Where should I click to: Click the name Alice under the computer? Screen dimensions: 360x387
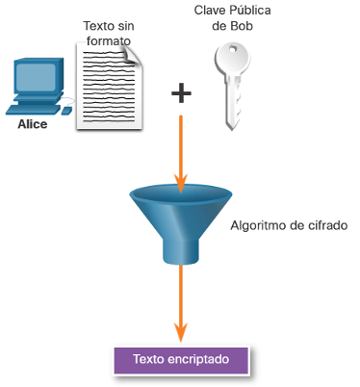click(33, 124)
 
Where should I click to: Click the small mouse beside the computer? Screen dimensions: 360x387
click(66, 111)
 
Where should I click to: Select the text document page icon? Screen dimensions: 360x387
click(109, 86)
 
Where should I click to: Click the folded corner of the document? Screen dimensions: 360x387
click(133, 54)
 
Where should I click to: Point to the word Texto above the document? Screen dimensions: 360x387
click(97, 26)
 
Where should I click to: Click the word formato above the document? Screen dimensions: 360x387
click(109, 41)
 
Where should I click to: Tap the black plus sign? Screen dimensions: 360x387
click(181, 93)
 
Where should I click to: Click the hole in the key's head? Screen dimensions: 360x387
click(232, 49)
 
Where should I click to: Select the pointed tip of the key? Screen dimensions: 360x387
click(232, 128)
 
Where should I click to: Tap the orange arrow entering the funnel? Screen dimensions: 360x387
click(181, 153)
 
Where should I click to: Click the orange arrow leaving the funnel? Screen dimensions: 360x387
click(181, 302)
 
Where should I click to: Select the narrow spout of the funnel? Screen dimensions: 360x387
click(181, 251)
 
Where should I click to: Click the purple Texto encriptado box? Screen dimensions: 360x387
click(181, 360)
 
